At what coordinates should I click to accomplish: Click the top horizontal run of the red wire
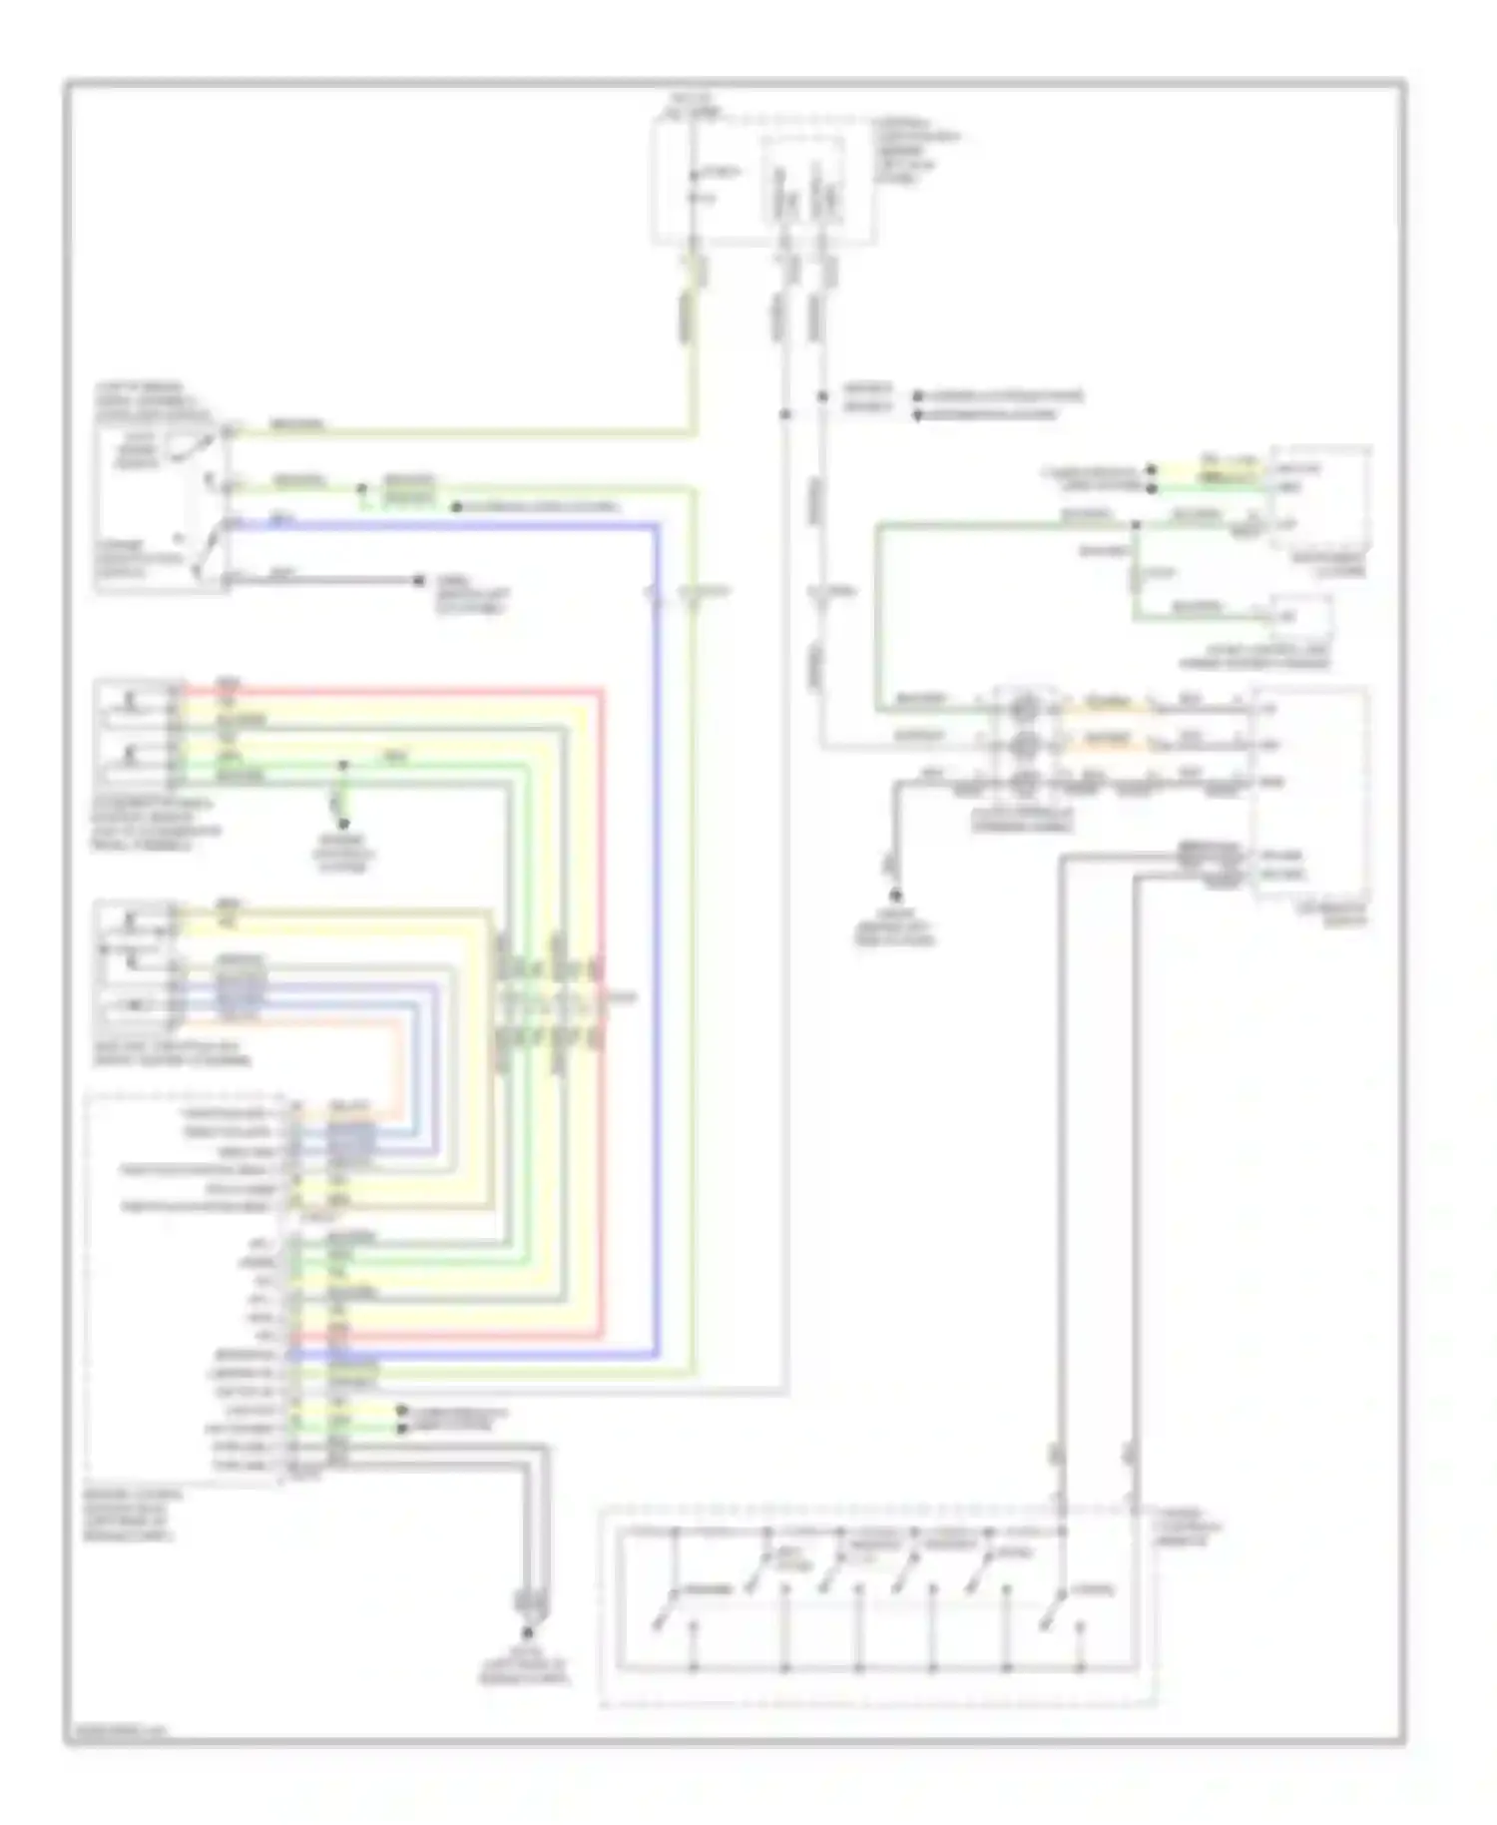pos(399,689)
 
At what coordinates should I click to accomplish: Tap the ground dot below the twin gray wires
pos(529,1631)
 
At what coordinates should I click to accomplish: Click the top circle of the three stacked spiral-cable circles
pos(1024,710)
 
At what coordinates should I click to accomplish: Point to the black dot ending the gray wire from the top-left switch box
pos(419,581)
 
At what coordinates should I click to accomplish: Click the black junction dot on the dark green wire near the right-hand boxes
pos(1136,524)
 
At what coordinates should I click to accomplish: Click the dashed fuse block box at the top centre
pos(763,180)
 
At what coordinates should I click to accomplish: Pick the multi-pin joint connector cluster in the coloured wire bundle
pos(549,998)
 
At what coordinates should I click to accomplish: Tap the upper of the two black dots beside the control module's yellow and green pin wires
pos(401,1411)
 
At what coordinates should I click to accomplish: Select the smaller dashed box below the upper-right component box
pos(1299,619)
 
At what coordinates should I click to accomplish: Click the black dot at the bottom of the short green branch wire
pos(342,824)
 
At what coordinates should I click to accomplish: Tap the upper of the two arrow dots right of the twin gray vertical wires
pos(918,396)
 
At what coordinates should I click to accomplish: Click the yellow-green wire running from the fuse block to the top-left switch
pos(459,432)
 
